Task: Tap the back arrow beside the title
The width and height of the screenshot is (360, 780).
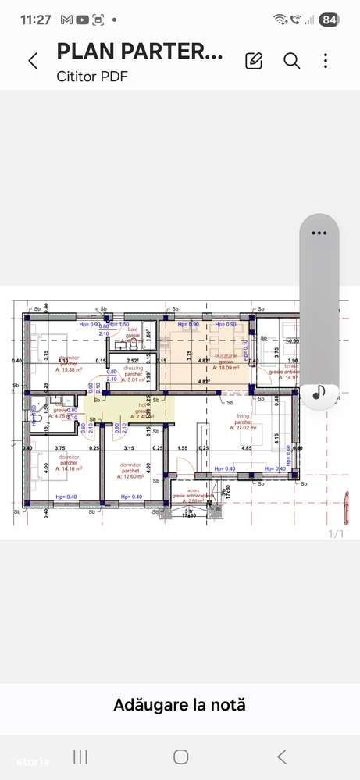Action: click(x=33, y=61)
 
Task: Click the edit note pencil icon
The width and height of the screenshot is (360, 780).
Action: click(x=254, y=61)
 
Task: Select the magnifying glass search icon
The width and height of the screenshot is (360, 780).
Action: click(x=291, y=61)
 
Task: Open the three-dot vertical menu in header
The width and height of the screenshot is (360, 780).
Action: click(x=326, y=61)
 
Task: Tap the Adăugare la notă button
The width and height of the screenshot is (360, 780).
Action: click(x=180, y=705)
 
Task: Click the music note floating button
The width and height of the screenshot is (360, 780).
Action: click(x=319, y=394)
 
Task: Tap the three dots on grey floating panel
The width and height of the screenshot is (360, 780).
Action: click(x=318, y=233)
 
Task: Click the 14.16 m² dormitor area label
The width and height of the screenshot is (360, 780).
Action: click(x=69, y=469)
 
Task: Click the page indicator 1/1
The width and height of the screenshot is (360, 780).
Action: click(x=335, y=534)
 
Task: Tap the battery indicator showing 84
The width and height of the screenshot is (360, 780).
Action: click(x=329, y=20)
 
